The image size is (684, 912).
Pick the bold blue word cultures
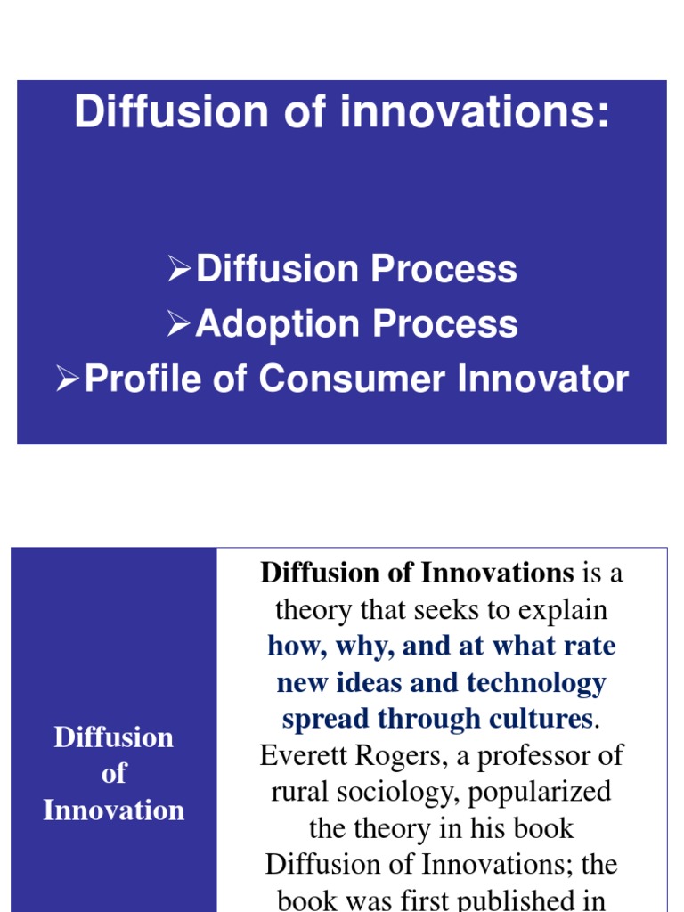536,719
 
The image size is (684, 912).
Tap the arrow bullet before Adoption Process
179,323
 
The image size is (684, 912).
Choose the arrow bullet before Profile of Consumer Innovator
68,379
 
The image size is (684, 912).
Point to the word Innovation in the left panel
114,810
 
